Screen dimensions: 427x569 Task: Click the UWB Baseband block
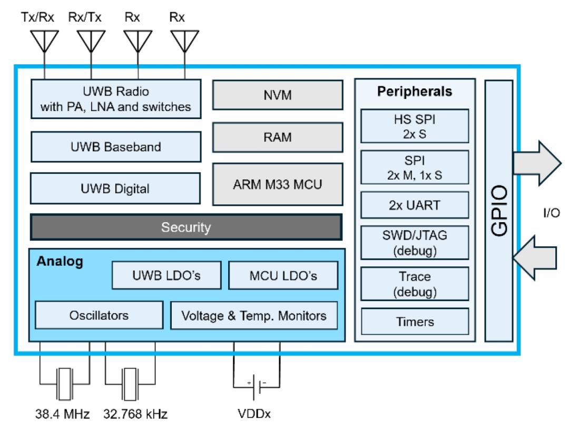(115, 147)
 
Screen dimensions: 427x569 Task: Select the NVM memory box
(277, 95)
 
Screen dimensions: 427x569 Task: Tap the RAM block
(277, 137)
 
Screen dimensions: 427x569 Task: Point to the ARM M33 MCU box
(277, 184)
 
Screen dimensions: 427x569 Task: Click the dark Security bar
(185, 227)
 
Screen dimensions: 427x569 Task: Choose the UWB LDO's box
(166, 275)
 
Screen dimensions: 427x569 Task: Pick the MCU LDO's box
(282, 275)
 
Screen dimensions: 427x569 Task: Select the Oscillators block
(99, 315)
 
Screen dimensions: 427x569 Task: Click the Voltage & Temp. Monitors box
(253, 315)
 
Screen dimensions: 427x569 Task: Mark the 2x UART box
(415, 205)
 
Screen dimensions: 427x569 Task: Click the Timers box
(415, 321)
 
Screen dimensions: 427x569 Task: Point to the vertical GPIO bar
(498, 211)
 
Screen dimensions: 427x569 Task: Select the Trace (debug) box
(415, 284)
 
